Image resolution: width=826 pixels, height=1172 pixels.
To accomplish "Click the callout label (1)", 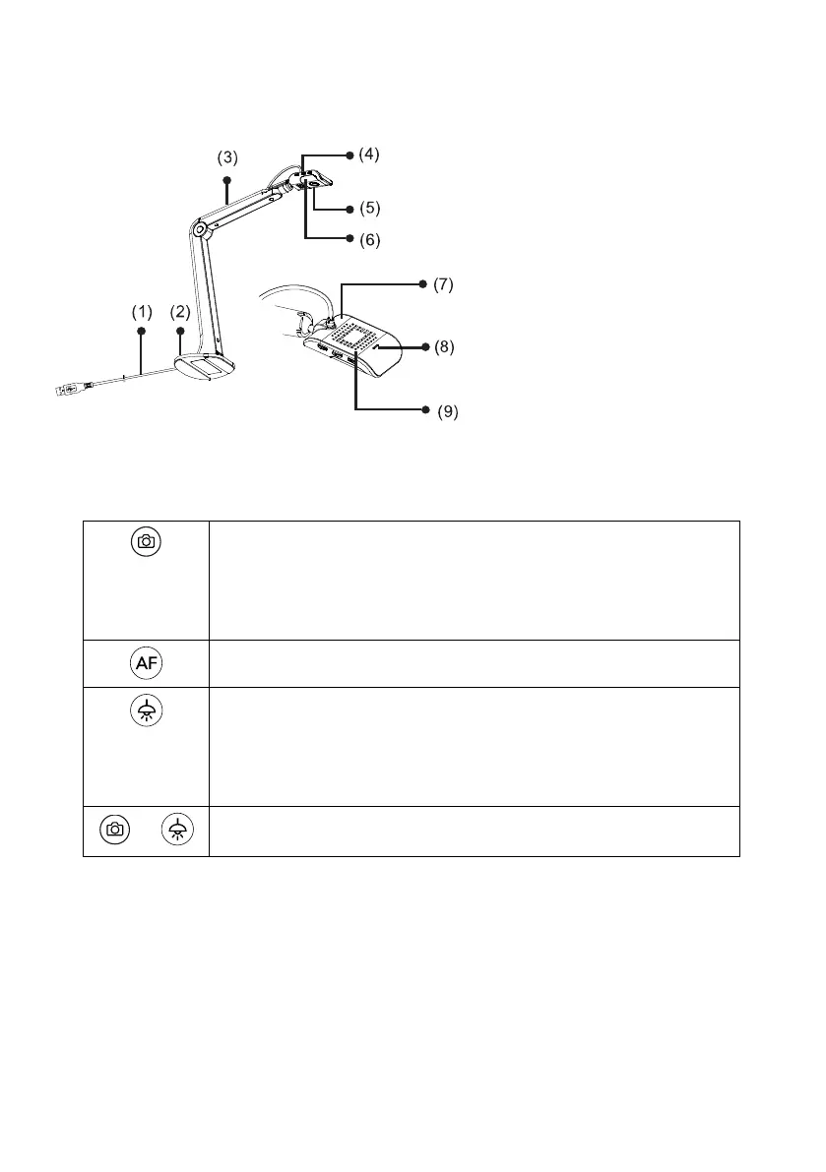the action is (143, 311).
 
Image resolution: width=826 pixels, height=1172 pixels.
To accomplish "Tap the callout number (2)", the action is (179, 311).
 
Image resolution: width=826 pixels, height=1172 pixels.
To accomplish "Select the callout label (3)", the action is (228, 157).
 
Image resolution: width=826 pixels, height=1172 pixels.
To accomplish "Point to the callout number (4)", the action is (369, 154).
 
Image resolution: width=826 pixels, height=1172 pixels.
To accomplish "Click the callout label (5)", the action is (369, 209).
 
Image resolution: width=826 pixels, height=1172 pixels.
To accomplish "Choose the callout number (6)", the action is (369, 239).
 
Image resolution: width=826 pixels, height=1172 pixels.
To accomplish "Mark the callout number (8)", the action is (446, 347).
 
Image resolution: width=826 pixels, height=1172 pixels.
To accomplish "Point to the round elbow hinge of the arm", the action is (201, 229).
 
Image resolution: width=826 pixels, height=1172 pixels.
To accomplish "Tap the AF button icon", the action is (146, 663).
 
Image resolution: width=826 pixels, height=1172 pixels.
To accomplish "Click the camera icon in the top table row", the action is (146, 541).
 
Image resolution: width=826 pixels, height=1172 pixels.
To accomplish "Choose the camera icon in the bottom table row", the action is (115, 831).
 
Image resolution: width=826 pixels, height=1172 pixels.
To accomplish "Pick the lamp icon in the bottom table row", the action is (178, 831).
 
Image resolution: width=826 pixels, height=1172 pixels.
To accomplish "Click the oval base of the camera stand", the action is (205, 369).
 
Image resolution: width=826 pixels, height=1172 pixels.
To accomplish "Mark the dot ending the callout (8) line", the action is (425, 347).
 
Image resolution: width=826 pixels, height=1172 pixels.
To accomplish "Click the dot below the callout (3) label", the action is (227, 180).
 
